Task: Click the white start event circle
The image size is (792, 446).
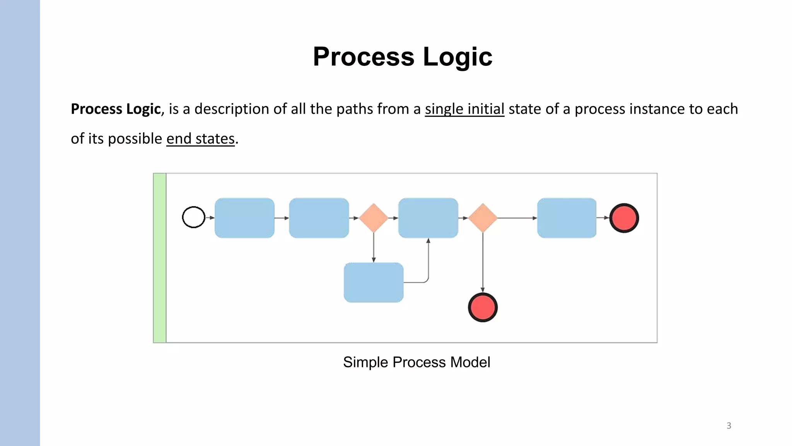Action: click(x=193, y=217)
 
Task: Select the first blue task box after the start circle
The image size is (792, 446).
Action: click(x=244, y=218)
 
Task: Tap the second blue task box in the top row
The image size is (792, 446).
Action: click(x=319, y=218)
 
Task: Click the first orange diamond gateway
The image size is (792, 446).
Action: click(x=374, y=218)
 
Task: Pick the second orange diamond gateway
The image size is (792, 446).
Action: click(x=483, y=218)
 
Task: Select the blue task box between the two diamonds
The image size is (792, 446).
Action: click(x=428, y=218)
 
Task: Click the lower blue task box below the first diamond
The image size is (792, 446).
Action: click(x=373, y=282)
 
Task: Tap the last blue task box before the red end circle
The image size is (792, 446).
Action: click(x=567, y=218)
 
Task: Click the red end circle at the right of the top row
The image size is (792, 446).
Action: click(x=624, y=218)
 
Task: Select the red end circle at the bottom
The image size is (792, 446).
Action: click(x=483, y=307)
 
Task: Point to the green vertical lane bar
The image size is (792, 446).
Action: click(x=160, y=258)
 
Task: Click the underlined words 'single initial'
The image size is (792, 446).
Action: click(x=464, y=109)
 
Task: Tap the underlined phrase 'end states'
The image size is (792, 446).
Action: click(x=200, y=139)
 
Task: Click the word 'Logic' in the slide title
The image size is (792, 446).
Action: click(x=457, y=57)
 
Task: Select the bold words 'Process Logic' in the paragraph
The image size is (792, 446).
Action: click(x=116, y=109)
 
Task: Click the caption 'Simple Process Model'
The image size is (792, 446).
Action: click(x=416, y=362)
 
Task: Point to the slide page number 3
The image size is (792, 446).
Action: click(x=729, y=426)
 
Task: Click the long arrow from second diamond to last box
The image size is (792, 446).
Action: click(x=517, y=218)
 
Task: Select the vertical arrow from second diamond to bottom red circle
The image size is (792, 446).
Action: click(x=483, y=263)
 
